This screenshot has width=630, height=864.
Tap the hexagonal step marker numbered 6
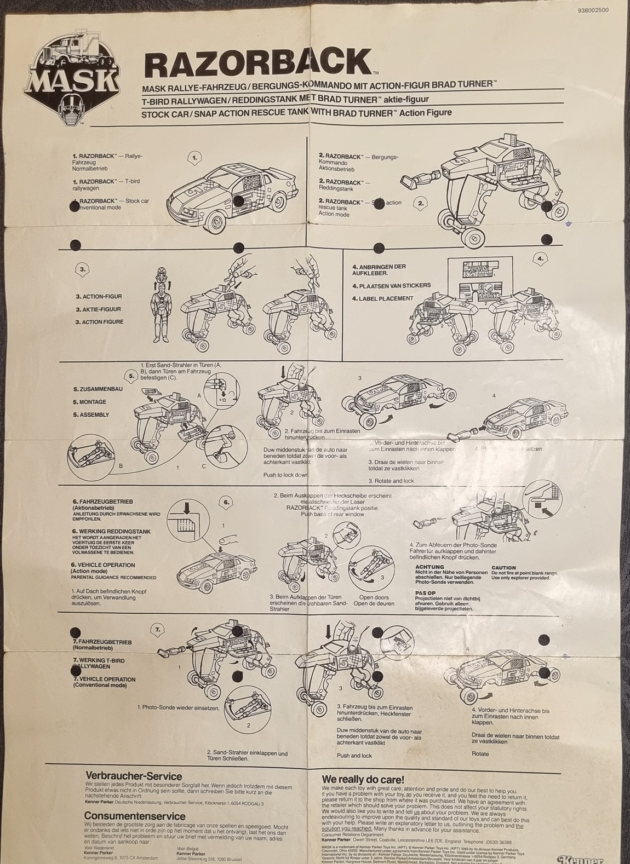pos(226,502)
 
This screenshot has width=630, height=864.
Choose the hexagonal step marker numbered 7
pos(158,630)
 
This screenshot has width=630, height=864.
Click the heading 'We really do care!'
pos(363,779)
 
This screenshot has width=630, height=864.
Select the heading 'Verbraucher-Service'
pos(134,776)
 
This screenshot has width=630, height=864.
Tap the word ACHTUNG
pos(429,567)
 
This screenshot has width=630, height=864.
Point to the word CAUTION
pos(503,568)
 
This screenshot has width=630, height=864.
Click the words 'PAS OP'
pos(425,593)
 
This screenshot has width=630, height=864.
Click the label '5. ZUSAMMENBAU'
pos(98,389)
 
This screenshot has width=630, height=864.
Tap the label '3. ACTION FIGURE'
pos(99,322)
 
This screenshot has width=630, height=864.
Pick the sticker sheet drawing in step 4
pos(474,279)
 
